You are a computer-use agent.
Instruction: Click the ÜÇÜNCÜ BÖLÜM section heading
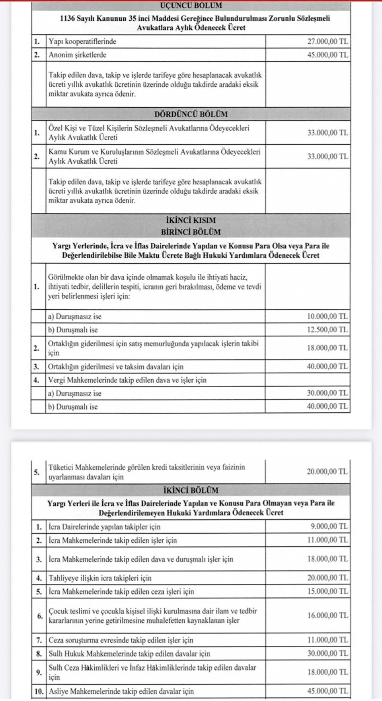pos(191,6)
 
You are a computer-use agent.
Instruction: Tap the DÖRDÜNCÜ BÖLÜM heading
pos(191,114)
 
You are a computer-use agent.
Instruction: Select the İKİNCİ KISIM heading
pos(191,220)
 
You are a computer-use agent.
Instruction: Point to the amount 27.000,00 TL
pos(327,41)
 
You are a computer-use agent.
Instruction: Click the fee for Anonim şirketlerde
pos(327,55)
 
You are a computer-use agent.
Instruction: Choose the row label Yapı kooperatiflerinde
pos(82,41)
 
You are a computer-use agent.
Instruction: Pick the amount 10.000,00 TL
pos(327,317)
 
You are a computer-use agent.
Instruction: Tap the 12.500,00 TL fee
pos(327,330)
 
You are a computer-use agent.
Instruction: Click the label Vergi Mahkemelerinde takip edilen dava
pos(127,380)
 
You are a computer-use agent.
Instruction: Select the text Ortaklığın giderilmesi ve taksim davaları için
pos(116,367)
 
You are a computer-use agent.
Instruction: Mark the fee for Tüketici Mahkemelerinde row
pos(327,472)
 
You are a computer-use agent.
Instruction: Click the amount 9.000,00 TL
pos(329,526)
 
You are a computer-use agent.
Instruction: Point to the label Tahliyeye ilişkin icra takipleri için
pos(100,578)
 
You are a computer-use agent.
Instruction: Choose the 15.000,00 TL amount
pos(327,591)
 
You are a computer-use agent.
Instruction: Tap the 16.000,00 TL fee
pos(327,616)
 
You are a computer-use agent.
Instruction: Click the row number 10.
pos(39,691)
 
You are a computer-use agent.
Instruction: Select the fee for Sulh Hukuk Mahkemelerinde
pos(327,653)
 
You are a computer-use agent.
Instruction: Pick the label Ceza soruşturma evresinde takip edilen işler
pos(121,640)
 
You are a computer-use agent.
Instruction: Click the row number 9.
pos(39,672)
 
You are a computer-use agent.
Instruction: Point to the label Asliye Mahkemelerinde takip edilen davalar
pos(121,691)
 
